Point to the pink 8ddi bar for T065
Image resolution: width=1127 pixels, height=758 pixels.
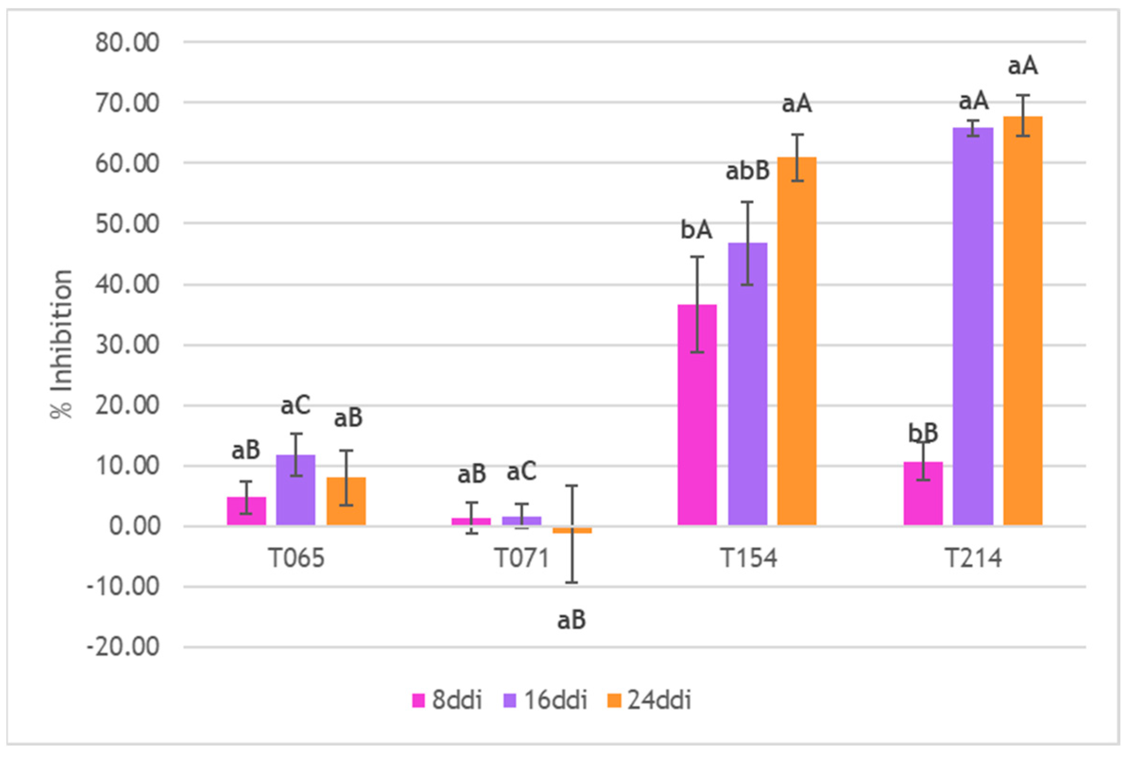pyautogui.click(x=247, y=511)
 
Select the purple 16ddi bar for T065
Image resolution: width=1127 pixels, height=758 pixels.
pyautogui.click(x=296, y=490)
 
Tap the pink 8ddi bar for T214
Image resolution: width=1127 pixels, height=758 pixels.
pyautogui.click(x=923, y=493)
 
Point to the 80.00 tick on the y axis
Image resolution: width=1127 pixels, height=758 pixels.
pyautogui.click(x=127, y=43)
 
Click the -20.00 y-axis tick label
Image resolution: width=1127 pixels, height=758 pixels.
pyautogui.click(x=123, y=647)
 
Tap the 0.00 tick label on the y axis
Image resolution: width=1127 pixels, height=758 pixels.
pyautogui.click(x=134, y=526)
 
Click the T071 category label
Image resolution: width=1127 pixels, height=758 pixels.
pyautogui.click(x=522, y=559)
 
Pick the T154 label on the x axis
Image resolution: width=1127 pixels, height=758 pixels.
pyautogui.click(x=748, y=559)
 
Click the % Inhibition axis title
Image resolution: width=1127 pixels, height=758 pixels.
pyautogui.click(x=62, y=344)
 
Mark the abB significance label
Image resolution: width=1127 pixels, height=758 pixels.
pyautogui.click(x=747, y=171)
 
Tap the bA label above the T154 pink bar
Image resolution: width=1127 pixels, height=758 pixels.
pyautogui.click(x=696, y=230)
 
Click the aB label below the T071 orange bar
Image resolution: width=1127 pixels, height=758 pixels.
pyautogui.click(x=572, y=620)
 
